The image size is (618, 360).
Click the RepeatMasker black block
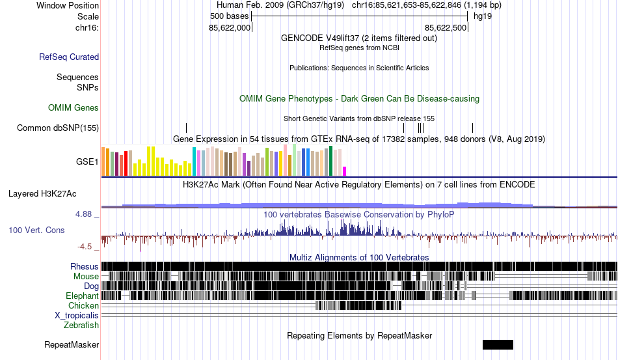click(x=498, y=344)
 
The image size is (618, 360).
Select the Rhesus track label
click(x=85, y=266)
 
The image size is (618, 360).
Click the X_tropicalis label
click(x=77, y=315)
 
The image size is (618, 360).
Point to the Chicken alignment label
click(x=84, y=305)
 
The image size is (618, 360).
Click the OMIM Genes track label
click(x=74, y=107)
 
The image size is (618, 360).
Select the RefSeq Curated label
click(x=69, y=57)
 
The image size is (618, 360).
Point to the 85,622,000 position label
click(x=230, y=28)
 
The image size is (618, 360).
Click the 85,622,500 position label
click(x=446, y=28)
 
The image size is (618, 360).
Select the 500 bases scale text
click(x=229, y=16)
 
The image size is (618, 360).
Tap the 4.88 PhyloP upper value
click(x=85, y=214)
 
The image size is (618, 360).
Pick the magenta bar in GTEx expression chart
click(x=345, y=171)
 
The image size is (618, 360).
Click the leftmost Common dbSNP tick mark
click(x=186, y=128)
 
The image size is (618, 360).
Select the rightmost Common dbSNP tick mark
click(x=472, y=128)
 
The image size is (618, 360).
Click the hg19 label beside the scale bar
click(x=482, y=16)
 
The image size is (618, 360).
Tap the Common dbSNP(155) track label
click(x=58, y=128)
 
